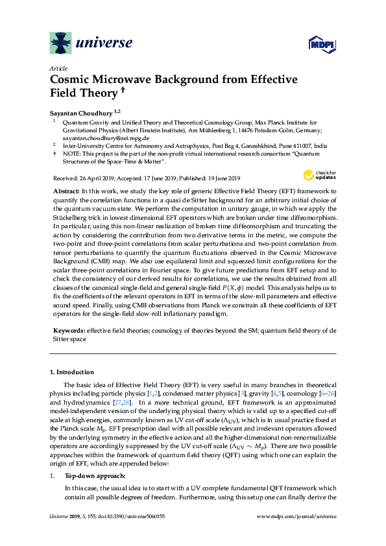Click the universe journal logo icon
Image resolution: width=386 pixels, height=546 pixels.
pyautogui.click(x=62, y=43)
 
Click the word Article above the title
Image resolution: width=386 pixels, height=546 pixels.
pyautogui.click(x=57, y=68)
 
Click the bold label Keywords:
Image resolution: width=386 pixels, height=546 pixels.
pyautogui.click(x=67, y=331)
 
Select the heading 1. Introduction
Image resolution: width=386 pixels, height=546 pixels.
pyautogui.click(x=72, y=372)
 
